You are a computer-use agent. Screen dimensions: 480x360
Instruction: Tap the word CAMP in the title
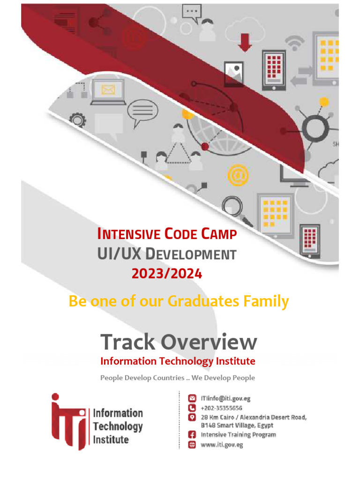[x=218, y=234]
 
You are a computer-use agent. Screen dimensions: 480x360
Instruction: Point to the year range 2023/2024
[x=166, y=273]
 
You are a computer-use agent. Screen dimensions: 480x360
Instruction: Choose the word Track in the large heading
[x=127, y=342]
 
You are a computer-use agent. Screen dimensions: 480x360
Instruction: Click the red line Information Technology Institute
[x=178, y=361]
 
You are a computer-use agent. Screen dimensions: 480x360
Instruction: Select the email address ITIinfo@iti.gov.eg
[x=225, y=398]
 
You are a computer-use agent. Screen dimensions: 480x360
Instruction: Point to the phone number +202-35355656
[x=221, y=408]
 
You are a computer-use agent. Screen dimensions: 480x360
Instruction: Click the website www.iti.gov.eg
[x=222, y=444]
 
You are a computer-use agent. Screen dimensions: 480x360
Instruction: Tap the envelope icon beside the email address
[x=191, y=398]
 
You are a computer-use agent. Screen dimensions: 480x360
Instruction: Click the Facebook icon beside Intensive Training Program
[x=191, y=435]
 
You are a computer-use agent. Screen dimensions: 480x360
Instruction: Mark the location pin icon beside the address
[x=191, y=417]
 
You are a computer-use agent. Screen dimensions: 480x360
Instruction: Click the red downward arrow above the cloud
[x=245, y=41]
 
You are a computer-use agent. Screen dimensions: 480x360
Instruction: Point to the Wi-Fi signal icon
[x=294, y=43]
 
